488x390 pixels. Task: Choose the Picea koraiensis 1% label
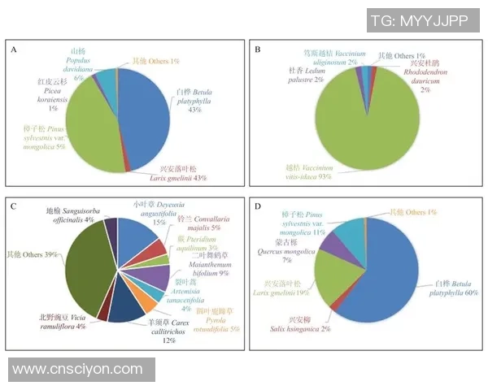[48, 95]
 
